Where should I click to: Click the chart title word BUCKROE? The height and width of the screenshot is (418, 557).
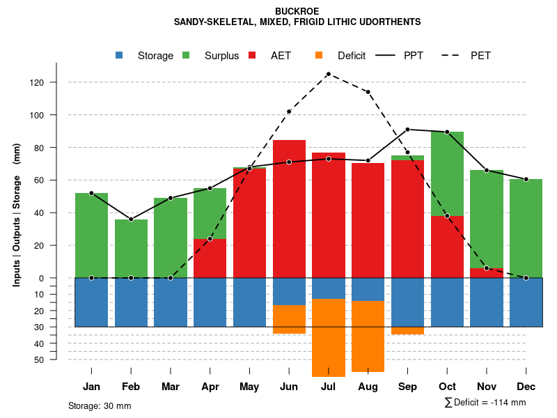pyautogui.click(x=297, y=12)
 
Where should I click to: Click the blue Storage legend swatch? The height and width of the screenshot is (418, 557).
pyautogui.click(x=120, y=55)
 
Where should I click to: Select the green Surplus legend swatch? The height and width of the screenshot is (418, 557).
pyautogui.click(x=186, y=55)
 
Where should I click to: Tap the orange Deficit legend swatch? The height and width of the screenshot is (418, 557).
pyautogui.click(x=319, y=55)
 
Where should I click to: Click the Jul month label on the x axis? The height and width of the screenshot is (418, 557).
pyautogui.click(x=329, y=387)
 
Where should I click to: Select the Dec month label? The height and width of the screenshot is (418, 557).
pyautogui.click(x=526, y=387)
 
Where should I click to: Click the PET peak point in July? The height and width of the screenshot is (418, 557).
pyautogui.click(x=329, y=74)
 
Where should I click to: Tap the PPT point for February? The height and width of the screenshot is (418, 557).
pyautogui.click(x=131, y=219)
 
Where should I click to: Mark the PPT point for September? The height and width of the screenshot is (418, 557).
pyautogui.click(x=407, y=130)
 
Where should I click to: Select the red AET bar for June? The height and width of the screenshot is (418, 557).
pyautogui.click(x=289, y=209)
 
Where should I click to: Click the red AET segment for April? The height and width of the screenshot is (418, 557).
pyautogui.click(x=210, y=258)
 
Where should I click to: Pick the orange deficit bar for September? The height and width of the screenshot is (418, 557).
pyautogui.click(x=407, y=330)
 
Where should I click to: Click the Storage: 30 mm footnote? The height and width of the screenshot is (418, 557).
pyautogui.click(x=100, y=405)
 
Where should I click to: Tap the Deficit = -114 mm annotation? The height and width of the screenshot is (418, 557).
pyautogui.click(x=485, y=403)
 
